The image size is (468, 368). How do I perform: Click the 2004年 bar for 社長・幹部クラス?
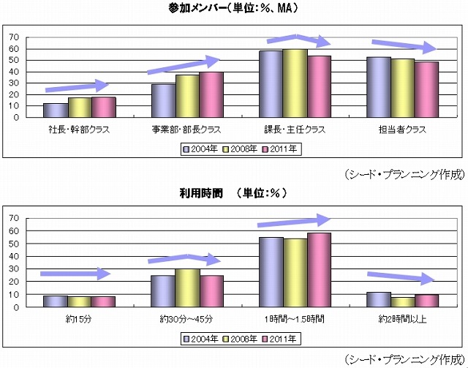coord(55,110)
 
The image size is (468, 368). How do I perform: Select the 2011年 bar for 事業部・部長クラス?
coord(211,94)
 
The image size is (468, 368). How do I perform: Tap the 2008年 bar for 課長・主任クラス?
coord(295,83)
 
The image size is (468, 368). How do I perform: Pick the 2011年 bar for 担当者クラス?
coord(426,89)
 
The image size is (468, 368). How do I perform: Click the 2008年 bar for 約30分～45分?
coord(187,288)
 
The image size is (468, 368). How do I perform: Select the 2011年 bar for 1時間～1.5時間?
coord(319,270)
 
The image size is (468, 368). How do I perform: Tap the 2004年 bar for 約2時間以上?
coord(378,299)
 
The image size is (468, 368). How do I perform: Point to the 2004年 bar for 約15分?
coord(55,301)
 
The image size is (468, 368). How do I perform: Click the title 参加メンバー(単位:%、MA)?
coord(233,9)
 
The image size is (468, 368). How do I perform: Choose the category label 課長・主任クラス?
coord(295,129)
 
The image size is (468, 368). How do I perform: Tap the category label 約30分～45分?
coord(187,320)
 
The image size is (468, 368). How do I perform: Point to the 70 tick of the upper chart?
coord(14,37)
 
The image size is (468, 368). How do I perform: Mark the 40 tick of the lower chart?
coord(14,256)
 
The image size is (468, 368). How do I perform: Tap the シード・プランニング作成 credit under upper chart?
coord(404,174)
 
